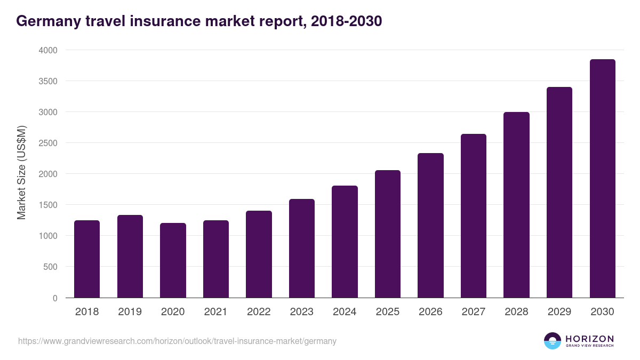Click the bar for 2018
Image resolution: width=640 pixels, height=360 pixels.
click(x=87, y=259)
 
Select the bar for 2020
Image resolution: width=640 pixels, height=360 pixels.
click(x=173, y=260)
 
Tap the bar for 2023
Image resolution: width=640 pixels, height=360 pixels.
click(x=302, y=249)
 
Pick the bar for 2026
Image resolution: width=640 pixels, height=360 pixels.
click(x=430, y=226)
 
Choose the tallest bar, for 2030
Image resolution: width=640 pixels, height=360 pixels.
click(x=602, y=179)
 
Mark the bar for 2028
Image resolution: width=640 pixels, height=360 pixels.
click(x=516, y=205)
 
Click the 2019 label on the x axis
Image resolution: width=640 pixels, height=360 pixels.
click(x=130, y=312)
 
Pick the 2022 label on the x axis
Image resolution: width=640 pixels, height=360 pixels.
click(x=259, y=312)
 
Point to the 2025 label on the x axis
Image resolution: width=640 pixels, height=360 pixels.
click(x=387, y=312)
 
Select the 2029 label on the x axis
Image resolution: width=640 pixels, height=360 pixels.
click(x=559, y=312)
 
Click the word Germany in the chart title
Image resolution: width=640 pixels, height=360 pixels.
click(x=47, y=21)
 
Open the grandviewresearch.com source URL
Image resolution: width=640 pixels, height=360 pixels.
click(x=177, y=341)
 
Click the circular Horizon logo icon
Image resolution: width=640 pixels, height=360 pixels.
click(x=553, y=341)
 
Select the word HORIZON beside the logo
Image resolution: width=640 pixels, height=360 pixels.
click(x=589, y=339)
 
